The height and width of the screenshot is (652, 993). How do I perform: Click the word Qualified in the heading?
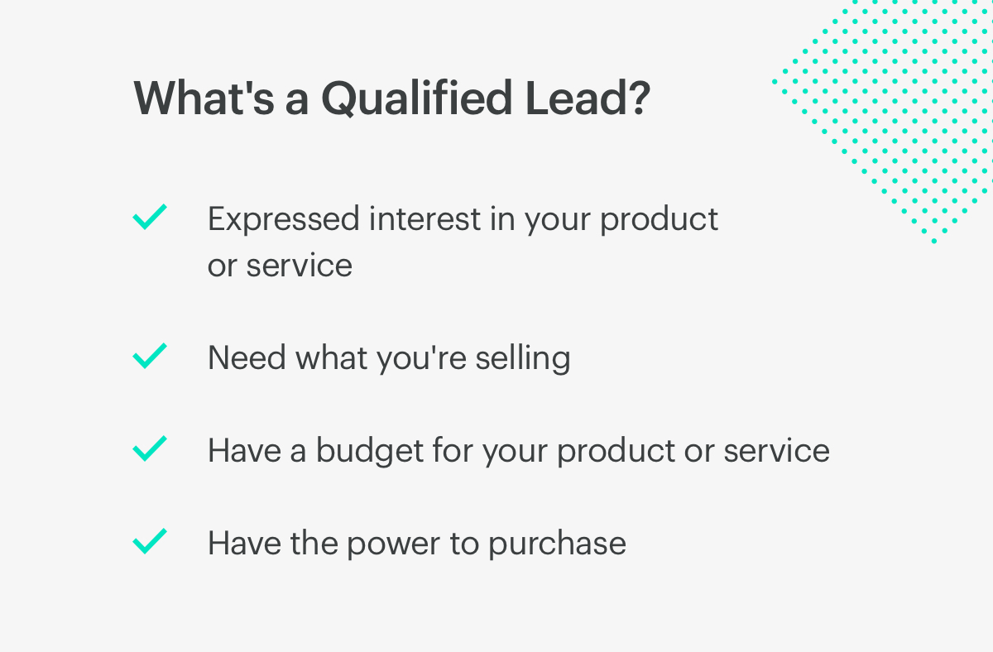pyautogui.click(x=417, y=98)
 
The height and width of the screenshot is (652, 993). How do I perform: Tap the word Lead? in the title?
pyautogui.click(x=588, y=98)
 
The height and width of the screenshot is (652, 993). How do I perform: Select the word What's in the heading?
pyautogui.click(x=204, y=98)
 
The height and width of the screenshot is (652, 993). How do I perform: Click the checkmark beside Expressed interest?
pyautogui.click(x=150, y=217)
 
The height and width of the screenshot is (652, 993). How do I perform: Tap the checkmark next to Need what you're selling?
pyautogui.click(x=150, y=356)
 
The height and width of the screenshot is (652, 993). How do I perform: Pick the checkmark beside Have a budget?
pyautogui.click(x=150, y=448)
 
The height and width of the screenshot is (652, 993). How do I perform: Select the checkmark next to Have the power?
pyautogui.click(x=150, y=541)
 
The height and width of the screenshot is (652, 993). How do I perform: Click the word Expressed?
pyautogui.click(x=283, y=219)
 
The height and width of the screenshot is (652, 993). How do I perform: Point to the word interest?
pyautogui.click(x=425, y=218)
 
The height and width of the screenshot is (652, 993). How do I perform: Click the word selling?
pyautogui.click(x=523, y=358)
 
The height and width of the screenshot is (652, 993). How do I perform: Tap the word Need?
pyautogui.click(x=247, y=357)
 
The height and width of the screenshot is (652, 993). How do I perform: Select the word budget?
pyautogui.click(x=370, y=451)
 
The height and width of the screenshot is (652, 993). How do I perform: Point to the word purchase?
pyautogui.click(x=557, y=544)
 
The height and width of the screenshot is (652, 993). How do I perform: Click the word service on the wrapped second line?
pyautogui.click(x=300, y=265)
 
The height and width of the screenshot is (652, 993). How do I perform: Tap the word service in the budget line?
pyautogui.click(x=777, y=450)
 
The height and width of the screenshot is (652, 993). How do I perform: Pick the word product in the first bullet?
pyautogui.click(x=660, y=219)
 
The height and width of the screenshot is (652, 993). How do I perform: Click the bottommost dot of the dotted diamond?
pyautogui.click(x=934, y=241)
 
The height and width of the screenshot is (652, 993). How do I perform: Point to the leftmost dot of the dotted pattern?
pyautogui.click(x=775, y=82)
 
